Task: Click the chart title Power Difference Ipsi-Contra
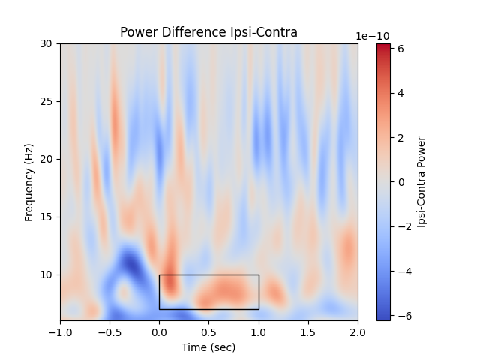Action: click(208, 32)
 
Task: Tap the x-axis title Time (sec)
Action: click(208, 347)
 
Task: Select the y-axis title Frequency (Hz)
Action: click(29, 182)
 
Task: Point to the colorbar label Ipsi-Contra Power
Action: click(421, 182)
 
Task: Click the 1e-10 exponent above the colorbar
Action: click(372, 36)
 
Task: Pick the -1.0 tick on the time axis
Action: click(60, 331)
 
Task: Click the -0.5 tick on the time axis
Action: click(109, 331)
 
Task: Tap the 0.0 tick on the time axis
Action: click(159, 331)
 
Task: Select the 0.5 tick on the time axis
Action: click(208, 331)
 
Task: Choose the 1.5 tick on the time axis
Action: click(308, 331)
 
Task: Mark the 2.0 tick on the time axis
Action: click(358, 331)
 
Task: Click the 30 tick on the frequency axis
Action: click(47, 43)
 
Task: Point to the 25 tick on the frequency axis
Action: click(47, 101)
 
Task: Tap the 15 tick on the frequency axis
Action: click(47, 217)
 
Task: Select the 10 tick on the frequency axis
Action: click(47, 274)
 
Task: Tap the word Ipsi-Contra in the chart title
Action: click(265, 32)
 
